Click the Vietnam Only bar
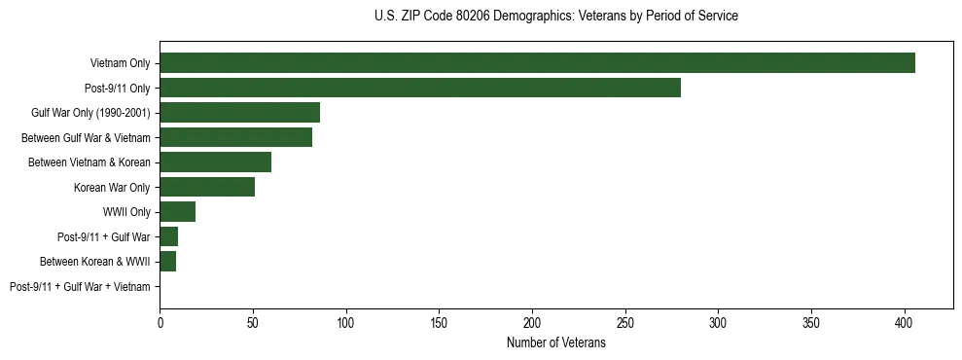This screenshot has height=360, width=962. [x=537, y=63]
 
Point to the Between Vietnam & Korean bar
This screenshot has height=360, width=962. [x=215, y=162]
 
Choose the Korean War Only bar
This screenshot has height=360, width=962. [x=207, y=187]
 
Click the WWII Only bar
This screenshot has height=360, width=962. [x=177, y=212]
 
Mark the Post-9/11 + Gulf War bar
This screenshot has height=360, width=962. [x=168, y=236]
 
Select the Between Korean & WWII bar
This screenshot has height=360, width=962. [x=167, y=262]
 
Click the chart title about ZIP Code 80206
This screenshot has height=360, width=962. [x=555, y=17]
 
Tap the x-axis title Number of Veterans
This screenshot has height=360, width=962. [x=555, y=343]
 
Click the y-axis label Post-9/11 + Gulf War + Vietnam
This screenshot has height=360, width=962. [x=80, y=287]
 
